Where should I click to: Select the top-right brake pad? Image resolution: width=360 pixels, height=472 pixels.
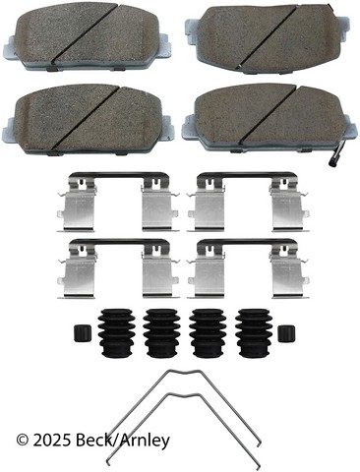[268, 40]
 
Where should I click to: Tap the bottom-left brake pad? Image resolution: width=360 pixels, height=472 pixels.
[89, 120]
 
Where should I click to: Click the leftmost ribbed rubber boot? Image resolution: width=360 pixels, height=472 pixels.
[116, 332]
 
